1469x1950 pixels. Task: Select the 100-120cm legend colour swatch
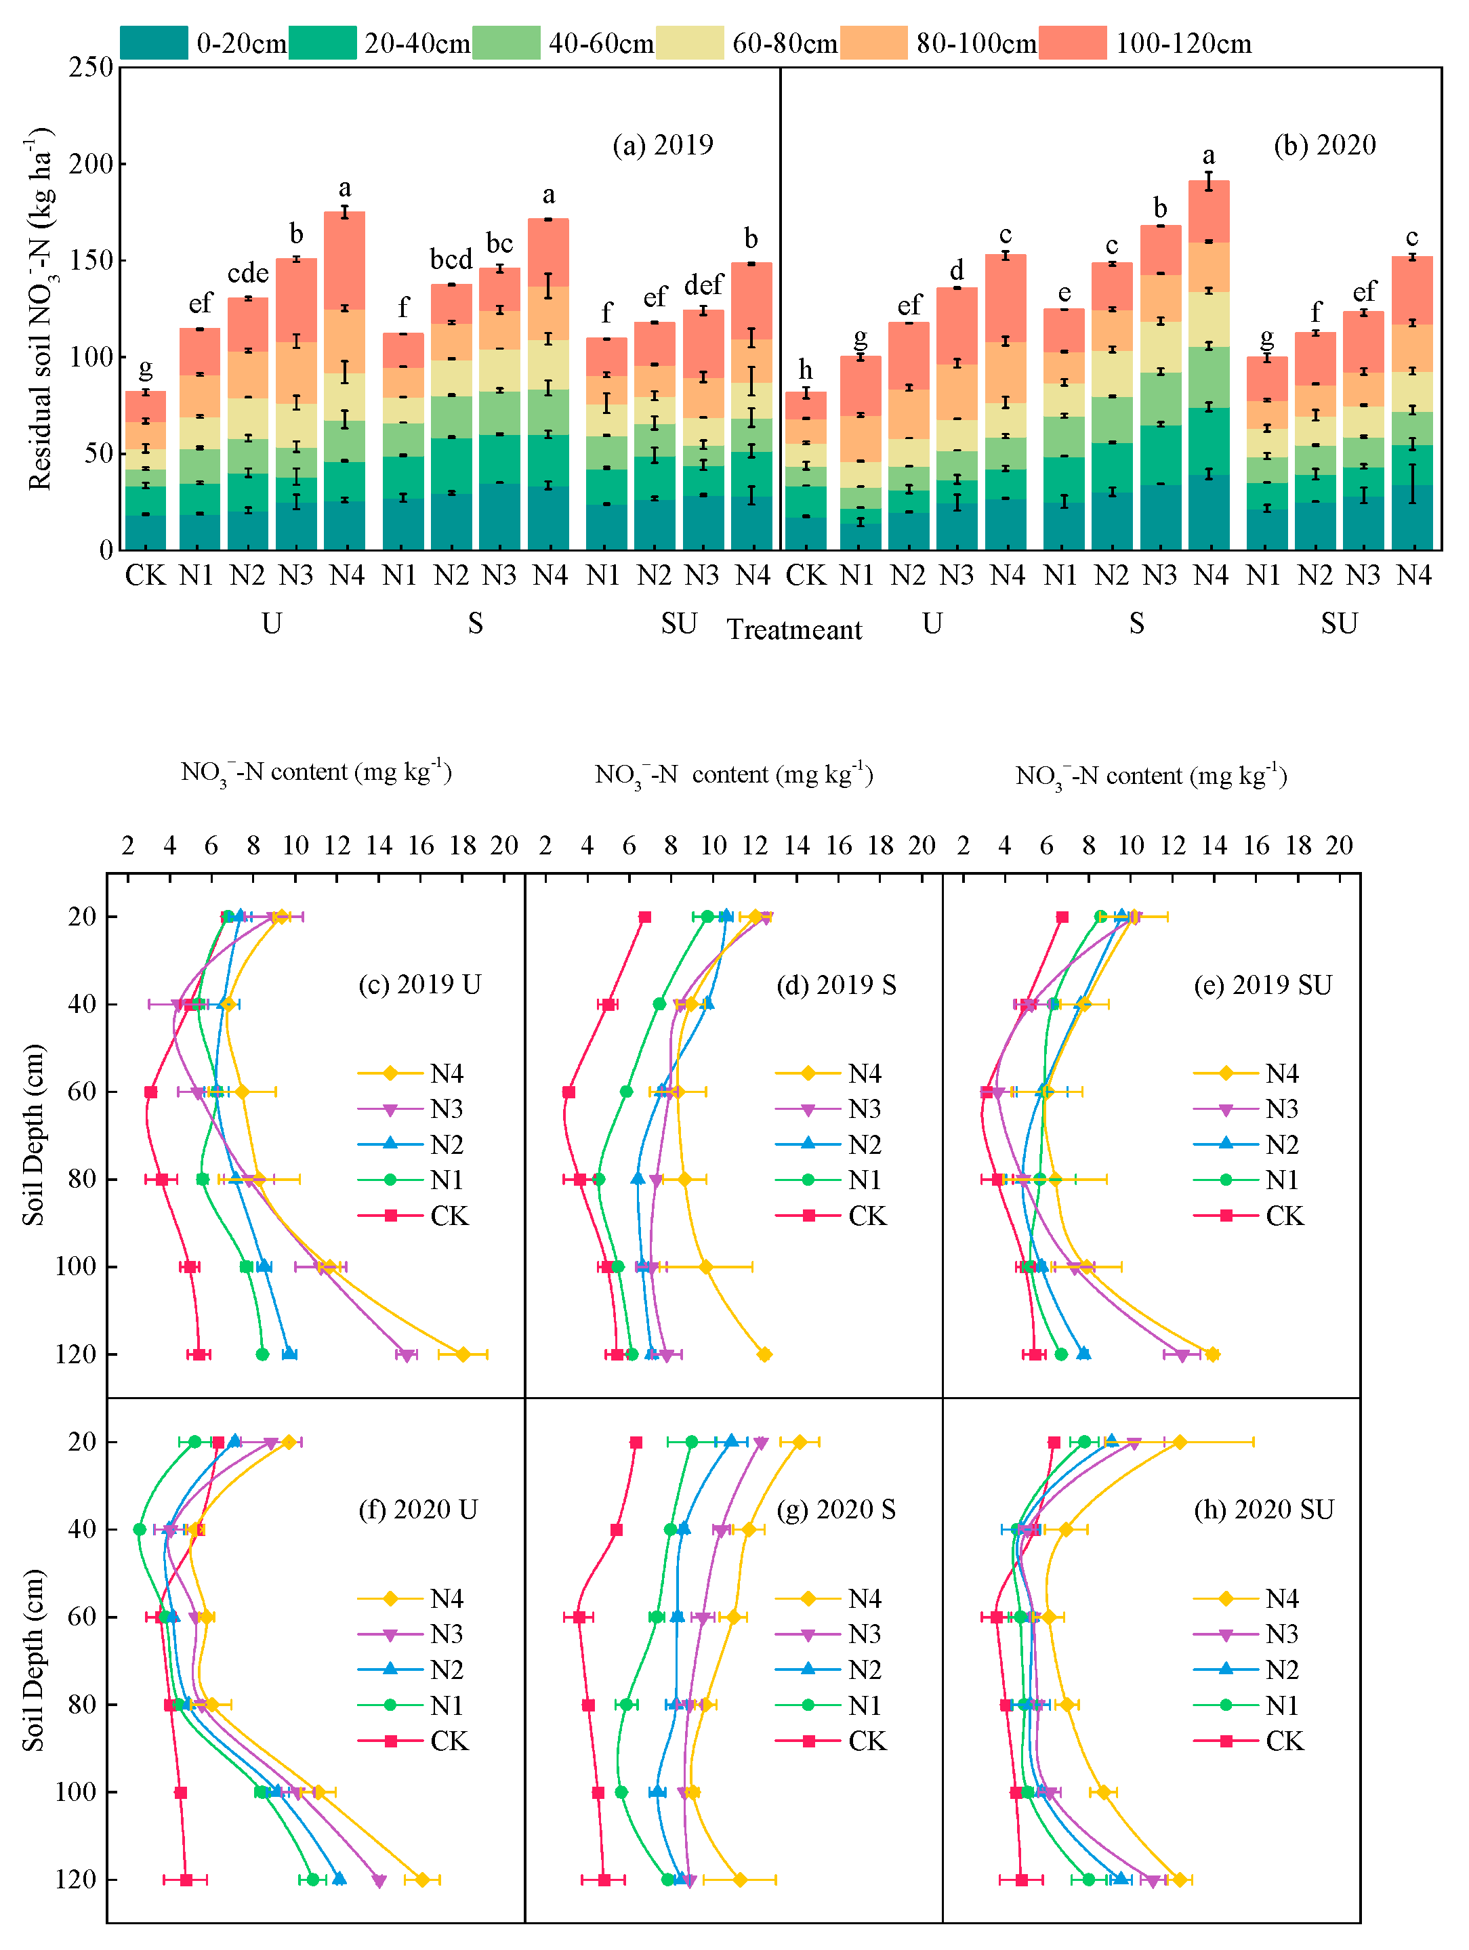[1072, 42]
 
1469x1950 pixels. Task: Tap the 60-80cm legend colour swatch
[690, 42]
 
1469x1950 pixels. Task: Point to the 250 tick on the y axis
[91, 67]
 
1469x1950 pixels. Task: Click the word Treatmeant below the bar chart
[793, 629]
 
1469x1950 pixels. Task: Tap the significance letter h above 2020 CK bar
[805, 369]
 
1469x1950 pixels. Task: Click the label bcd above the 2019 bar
[451, 260]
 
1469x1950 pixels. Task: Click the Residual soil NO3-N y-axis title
[41, 308]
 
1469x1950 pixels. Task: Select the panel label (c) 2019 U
[419, 984]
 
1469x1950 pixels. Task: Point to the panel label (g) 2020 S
[836, 1509]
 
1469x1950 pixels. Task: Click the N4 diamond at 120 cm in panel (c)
[463, 1354]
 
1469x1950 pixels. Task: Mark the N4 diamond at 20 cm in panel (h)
[1180, 1443]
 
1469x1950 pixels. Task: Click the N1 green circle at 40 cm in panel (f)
[140, 1529]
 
